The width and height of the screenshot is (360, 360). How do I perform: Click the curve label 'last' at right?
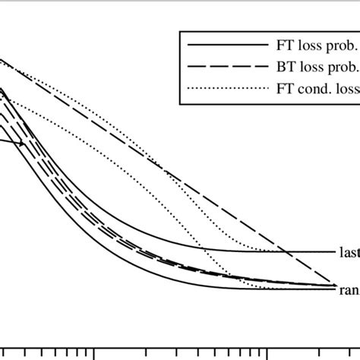coord(347,251)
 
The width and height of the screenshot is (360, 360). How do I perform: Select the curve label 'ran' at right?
coord(348,289)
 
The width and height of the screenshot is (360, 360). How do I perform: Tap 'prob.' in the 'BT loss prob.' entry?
coord(337,67)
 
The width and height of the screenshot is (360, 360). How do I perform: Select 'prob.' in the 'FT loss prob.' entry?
coord(337,46)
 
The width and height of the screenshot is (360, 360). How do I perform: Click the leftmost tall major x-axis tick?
coord(94,353)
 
